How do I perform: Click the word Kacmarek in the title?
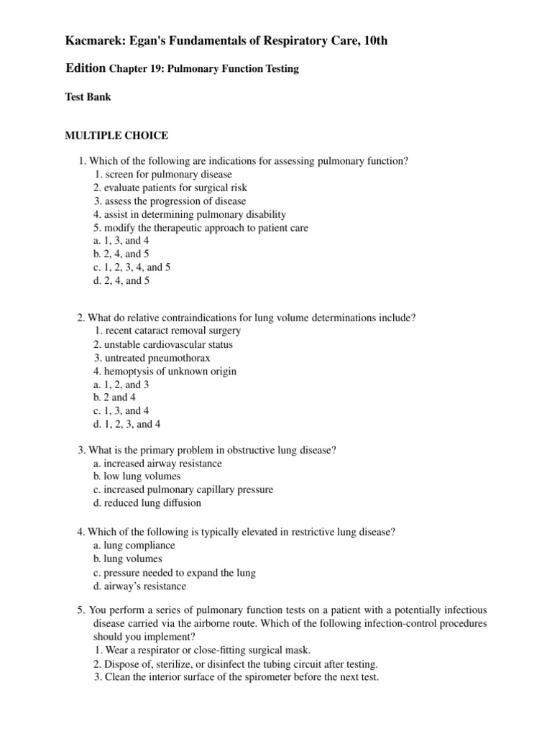(x=95, y=42)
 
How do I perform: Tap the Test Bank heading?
(x=88, y=96)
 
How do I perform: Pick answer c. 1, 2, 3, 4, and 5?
(x=132, y=267)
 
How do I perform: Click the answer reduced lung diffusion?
(x=147, y=503)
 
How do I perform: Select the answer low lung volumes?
(x=137, y=477)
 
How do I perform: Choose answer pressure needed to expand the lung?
(x=173, y=573)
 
